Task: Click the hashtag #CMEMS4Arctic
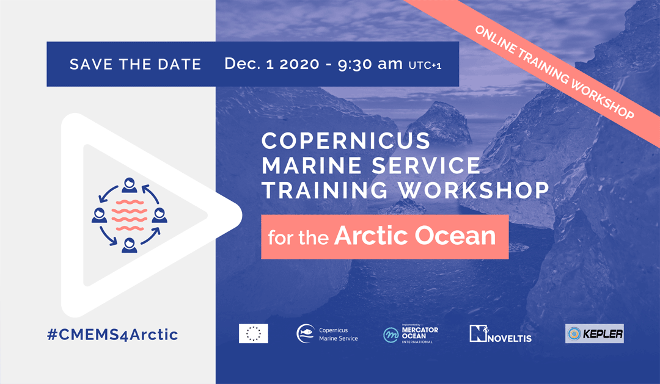tap(112, 335)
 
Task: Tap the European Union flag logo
tap(254, 333)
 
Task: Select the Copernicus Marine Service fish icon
tap(306, 333)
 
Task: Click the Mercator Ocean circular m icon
tap(391, 335)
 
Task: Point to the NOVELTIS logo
tap(501, 334)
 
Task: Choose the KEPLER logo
tap(595, 333)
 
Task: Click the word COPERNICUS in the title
tap(345, 141)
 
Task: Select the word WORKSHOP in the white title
tap(474, 190)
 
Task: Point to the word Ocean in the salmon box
tap(455, 236)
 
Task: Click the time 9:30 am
tap(370, 64)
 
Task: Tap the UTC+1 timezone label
tap(425, 65)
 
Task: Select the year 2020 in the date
tap(299, 64)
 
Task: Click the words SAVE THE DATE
tap(136, 64)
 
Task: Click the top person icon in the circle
tap(129, 185)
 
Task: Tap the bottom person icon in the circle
tap(129, 245)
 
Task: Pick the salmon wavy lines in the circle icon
tap(130, 215)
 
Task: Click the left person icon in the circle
tap(100, 215)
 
